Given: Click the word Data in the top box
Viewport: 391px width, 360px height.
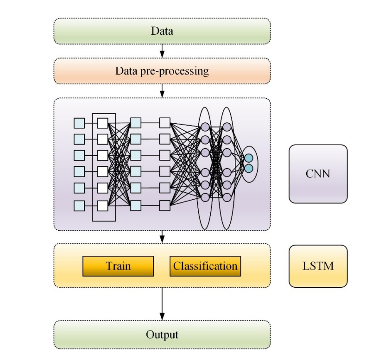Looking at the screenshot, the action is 162,31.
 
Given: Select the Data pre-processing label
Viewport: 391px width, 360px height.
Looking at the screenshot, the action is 162,71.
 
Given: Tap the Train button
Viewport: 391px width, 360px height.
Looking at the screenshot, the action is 118,266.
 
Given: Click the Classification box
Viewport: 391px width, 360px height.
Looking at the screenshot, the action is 205,266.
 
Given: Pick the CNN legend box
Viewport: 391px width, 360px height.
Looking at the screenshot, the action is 318,174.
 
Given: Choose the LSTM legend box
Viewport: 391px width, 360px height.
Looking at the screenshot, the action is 318,266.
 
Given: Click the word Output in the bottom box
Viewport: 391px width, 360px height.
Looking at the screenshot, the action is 162,335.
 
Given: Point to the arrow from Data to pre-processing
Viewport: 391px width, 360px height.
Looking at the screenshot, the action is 162,51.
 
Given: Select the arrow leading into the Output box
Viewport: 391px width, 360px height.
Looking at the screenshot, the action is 162,304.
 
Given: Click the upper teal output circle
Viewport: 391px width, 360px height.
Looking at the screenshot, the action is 249,158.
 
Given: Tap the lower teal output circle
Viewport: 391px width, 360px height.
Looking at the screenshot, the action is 249,169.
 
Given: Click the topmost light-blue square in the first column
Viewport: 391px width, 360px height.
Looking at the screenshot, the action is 79,123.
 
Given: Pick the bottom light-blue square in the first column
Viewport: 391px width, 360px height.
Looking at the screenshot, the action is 79,206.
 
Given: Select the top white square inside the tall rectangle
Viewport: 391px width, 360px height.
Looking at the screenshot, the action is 102,123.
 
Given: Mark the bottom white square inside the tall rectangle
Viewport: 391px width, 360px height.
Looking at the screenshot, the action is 102,206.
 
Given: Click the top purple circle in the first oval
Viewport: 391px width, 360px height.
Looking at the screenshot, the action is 205,127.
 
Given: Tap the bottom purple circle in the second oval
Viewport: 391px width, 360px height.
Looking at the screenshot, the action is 227,197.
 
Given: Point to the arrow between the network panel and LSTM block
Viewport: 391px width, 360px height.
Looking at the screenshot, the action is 162,237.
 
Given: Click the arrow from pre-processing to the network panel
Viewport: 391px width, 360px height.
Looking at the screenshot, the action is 162,91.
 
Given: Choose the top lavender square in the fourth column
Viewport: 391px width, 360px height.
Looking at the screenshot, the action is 165,123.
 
